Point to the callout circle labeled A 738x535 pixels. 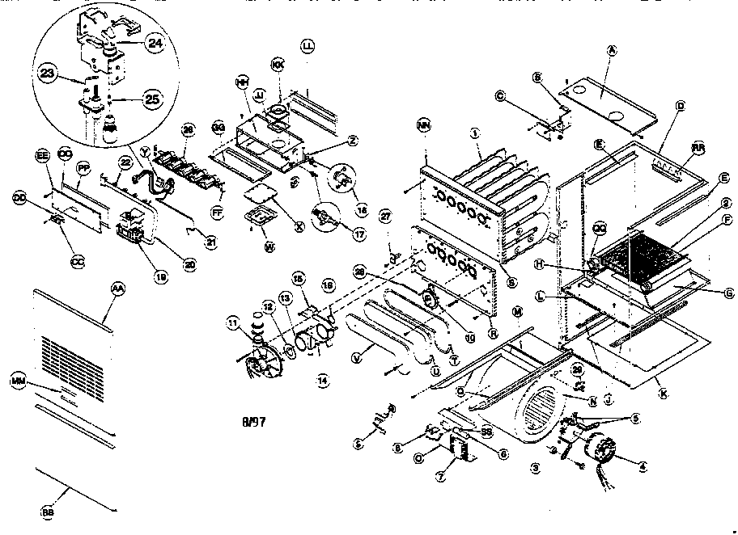[613, 50]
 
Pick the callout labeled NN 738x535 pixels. [423, 124]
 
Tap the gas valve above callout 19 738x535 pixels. [131, 225]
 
